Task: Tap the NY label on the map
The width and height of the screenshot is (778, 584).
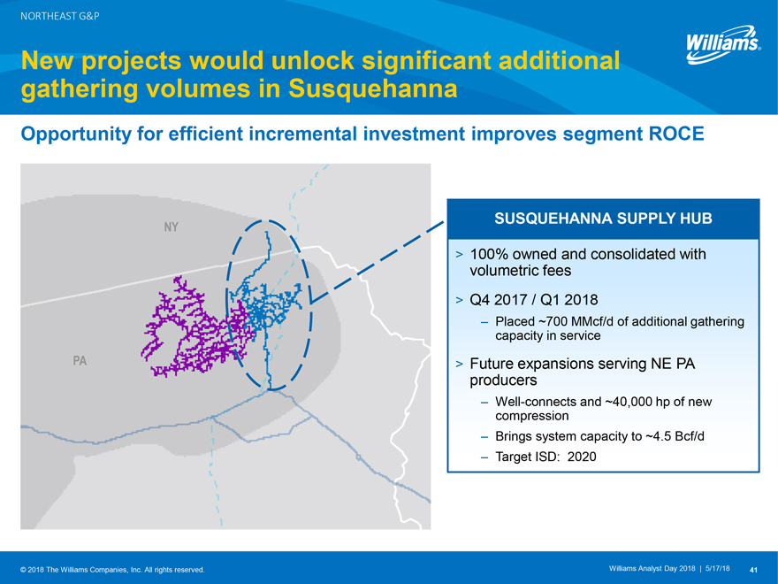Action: (171, 227)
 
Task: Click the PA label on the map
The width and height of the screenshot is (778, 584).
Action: (80, 360)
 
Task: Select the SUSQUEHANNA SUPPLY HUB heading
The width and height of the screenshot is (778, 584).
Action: (603, 219)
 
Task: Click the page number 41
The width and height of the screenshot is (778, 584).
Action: (753, 570)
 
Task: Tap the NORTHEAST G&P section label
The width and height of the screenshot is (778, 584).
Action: (59, 16)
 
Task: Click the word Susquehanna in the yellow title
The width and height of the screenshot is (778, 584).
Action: (372, 88)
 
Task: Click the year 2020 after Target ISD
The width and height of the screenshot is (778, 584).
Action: (582, 457)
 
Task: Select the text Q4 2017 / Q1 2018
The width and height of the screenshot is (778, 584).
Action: (534, 300)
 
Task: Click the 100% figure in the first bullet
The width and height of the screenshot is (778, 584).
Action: (489, 254)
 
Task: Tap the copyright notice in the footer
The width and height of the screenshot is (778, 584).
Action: (112, 570)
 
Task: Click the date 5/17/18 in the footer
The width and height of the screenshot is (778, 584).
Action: (718, 569)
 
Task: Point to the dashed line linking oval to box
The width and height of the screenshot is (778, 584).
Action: (378, 262)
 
